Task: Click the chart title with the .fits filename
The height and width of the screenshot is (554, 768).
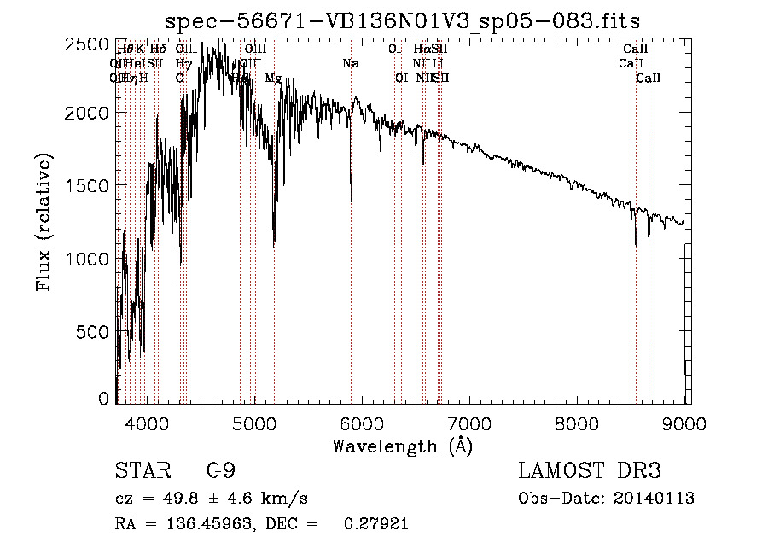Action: point(402,20)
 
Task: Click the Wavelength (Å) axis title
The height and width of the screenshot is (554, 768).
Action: point(402,446)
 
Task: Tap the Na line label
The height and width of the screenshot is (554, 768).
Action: point(351,63)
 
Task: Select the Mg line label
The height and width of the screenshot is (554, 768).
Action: point(273,78)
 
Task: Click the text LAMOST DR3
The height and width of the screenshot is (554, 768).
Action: point(589,471)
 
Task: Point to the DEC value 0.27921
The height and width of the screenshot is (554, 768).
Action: point(375,524)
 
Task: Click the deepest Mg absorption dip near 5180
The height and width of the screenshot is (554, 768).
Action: point(274,247)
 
